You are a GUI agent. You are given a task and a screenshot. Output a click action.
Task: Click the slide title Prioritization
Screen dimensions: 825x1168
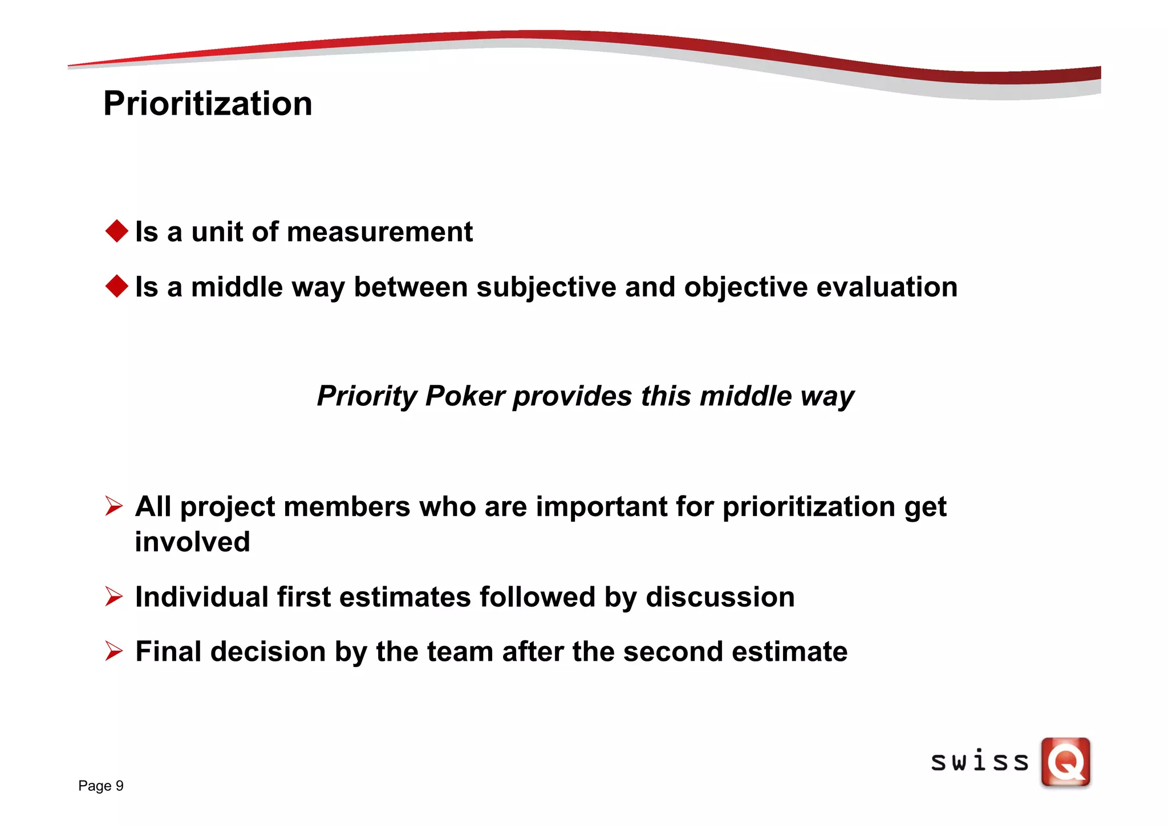tap(208, 104)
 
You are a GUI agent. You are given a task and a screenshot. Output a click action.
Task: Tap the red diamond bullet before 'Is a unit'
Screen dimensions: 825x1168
tap(117, 231)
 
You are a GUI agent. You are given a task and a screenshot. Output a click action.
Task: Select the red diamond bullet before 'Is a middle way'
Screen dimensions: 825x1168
tap(117, 286)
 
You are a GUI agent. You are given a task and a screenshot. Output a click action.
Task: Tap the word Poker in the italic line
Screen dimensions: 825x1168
tap(465, 396)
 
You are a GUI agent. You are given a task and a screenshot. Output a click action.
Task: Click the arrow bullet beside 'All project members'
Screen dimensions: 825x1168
tap(114, 506)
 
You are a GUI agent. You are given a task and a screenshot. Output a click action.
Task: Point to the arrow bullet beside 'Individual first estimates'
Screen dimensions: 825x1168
tap(114, 596)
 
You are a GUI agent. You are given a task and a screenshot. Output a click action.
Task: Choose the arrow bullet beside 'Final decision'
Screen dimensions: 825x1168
tap(114, 651)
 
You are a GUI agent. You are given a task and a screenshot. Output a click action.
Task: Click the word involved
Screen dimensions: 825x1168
tap(192, 542)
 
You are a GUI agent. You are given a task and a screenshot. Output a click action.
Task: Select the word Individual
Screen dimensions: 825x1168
tap(202, 597)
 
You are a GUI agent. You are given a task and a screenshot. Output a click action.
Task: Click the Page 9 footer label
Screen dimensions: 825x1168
tap(101, 786)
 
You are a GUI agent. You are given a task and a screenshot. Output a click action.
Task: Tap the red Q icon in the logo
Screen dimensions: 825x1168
tap(1065, 762)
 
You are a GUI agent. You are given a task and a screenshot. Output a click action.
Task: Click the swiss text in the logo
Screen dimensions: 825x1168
tap(979, 762)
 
